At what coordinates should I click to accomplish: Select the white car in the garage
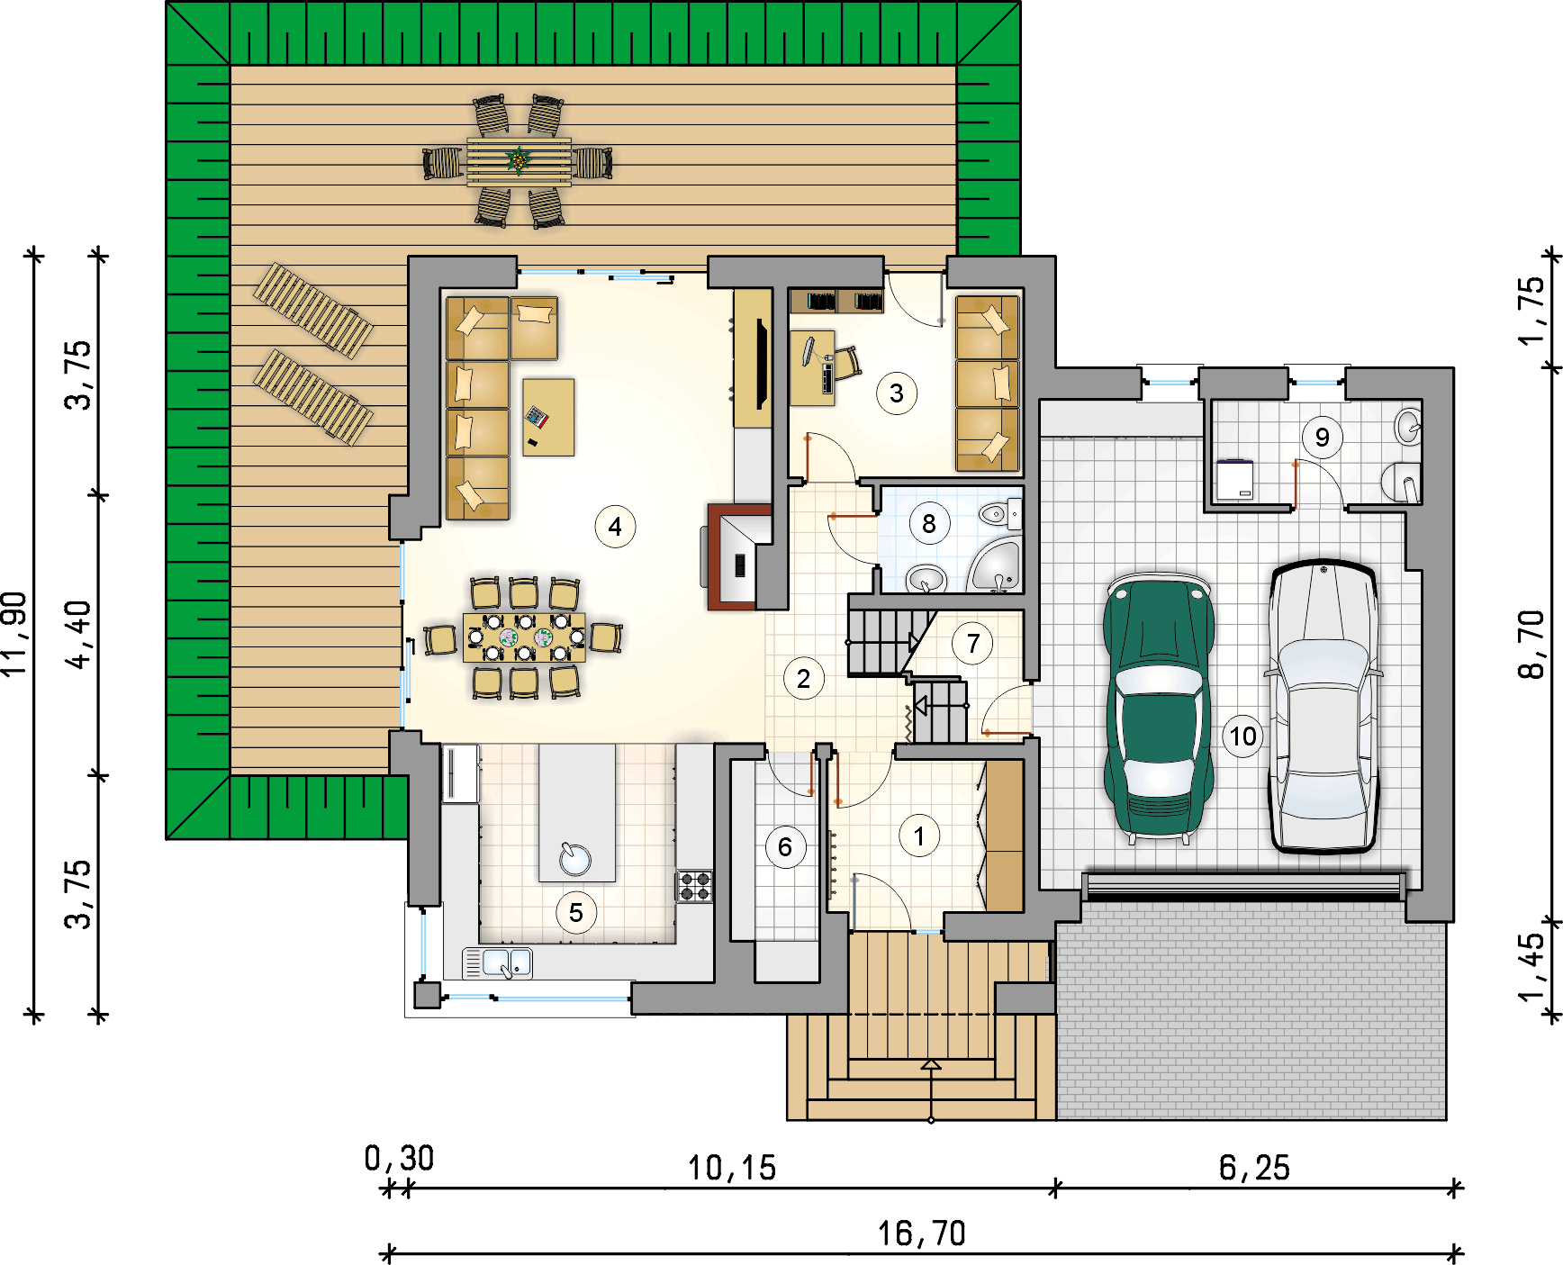click(1324, 707)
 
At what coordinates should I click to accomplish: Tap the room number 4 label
click(615, 527)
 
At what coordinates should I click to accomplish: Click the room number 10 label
click(1243, 736)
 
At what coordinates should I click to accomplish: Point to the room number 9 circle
click(1322, 438)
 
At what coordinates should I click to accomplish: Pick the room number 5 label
click(576, 913)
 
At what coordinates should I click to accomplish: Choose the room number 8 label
click(929, 524)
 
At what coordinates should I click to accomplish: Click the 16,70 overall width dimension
click(922, 1233)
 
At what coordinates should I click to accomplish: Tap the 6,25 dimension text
click(1254, 1168)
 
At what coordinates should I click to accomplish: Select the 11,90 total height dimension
click(15, 634)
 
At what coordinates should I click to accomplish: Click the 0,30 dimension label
click(399, 1159)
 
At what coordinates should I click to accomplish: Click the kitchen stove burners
click(694, 886)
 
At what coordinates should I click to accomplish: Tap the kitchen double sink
click(497, 963)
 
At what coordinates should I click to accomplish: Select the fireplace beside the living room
click(737, 557)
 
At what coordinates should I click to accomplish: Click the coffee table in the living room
click(548, 417)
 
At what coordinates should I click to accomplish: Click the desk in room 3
click(812, 367)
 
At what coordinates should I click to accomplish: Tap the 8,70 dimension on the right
click(1531, 644)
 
